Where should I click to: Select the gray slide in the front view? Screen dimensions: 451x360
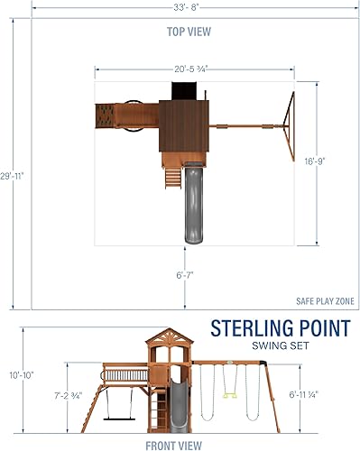[x=177, y=401]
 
